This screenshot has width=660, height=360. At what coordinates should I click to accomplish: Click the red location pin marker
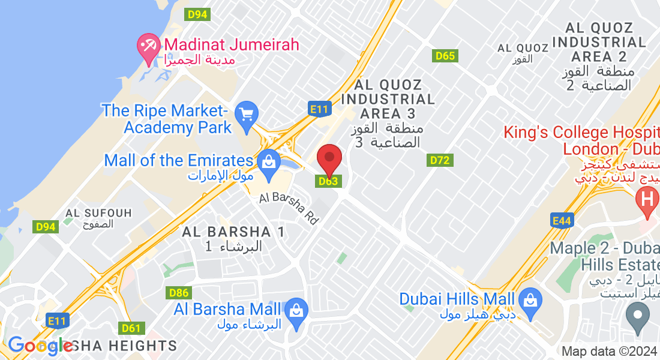[329, 160]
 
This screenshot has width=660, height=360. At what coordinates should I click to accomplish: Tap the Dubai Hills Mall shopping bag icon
[530, 298]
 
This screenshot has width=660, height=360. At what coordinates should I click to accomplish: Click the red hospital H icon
[647, 196]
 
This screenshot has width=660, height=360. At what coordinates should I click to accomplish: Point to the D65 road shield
[445, 56]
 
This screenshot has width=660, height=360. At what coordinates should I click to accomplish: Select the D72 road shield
[440, 160]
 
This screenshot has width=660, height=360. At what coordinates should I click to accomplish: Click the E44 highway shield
[562, 221]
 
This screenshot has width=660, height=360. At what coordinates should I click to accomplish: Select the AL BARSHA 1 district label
[233, 238]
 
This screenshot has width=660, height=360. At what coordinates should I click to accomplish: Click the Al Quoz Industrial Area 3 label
[388, 113]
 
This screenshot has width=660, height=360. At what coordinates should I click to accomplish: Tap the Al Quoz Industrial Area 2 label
[599, 56]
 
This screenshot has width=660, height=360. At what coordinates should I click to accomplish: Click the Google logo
[40, 346]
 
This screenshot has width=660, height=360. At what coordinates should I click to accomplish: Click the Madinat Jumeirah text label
[231, 45]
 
